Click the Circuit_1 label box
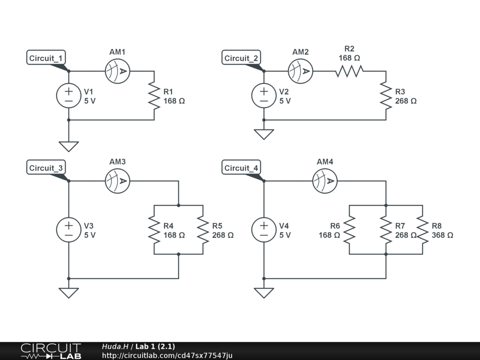46,58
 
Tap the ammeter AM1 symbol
118,71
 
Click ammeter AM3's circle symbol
118,181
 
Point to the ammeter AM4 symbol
325,181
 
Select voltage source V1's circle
69,96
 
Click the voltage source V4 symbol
264,230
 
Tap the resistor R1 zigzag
154,96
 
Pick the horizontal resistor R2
349,71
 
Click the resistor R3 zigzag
386,96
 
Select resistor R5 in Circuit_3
203,230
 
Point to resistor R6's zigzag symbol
349,230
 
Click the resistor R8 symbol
422,230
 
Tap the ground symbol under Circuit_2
264,135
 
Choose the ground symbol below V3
69,293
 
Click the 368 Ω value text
442,235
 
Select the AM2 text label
300,52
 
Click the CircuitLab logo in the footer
51,351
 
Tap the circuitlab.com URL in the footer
167,356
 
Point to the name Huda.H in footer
115,346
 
